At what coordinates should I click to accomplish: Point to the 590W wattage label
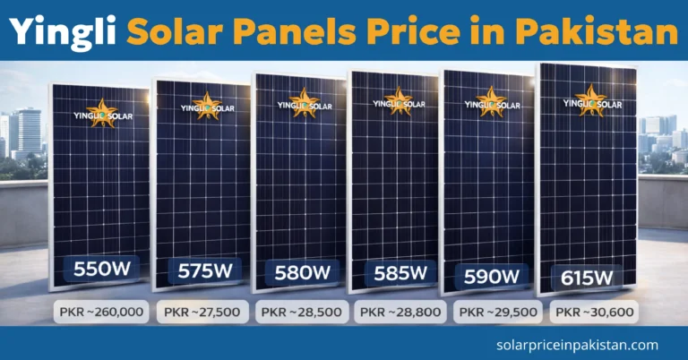click(491, 275)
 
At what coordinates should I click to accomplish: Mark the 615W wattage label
click(586, 277)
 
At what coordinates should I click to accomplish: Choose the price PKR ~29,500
click(496, 313)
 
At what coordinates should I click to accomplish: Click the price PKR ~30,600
click(595, 313)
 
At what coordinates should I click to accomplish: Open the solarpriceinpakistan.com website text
click(577, 344)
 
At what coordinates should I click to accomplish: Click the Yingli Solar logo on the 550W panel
click(101, 113)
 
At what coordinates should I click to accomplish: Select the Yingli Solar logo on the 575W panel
click(205, 107)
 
